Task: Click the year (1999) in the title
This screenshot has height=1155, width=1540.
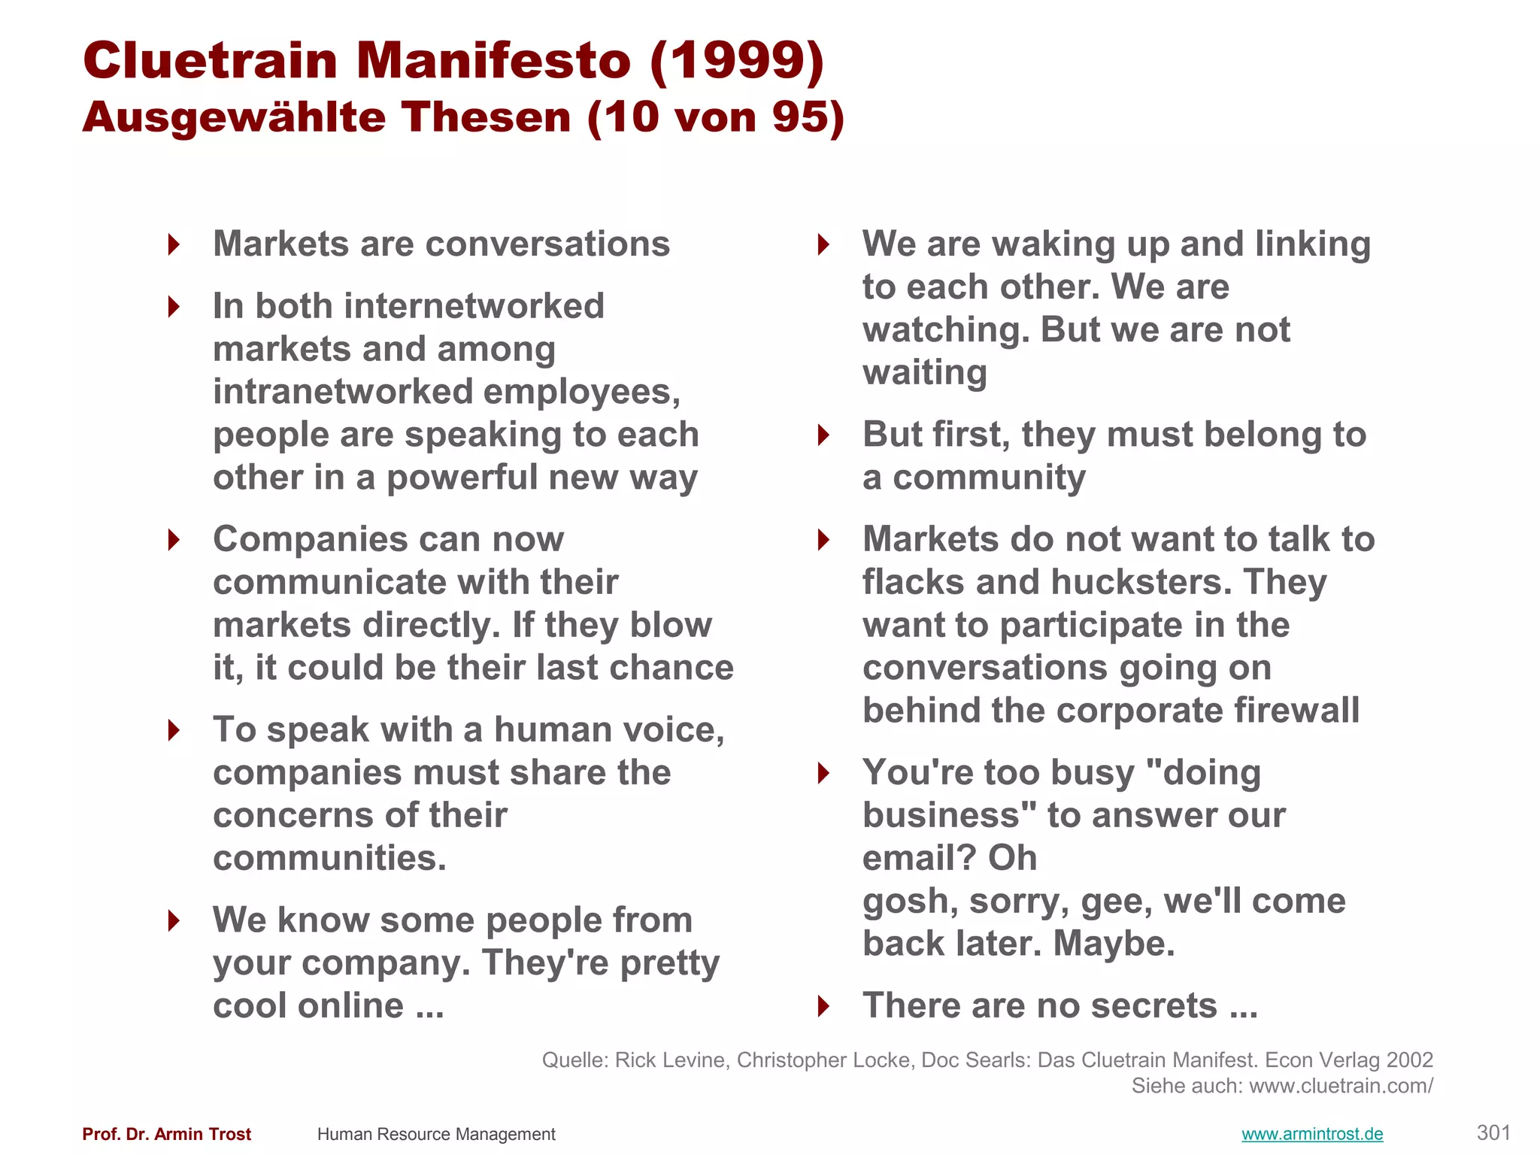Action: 737,60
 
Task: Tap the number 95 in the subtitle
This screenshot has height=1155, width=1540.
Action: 800,117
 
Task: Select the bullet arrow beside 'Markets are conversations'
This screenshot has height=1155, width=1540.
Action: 174,244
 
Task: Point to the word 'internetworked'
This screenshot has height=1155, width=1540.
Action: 474,306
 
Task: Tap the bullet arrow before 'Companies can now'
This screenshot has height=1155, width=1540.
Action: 174,540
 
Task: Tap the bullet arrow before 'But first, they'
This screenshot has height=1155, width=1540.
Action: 823,435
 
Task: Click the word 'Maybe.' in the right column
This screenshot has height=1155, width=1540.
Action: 1114,944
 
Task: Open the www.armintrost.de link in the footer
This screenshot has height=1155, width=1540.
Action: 1312,1134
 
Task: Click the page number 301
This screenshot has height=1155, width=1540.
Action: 1493,1132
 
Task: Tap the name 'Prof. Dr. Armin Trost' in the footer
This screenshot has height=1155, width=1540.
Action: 166,1134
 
